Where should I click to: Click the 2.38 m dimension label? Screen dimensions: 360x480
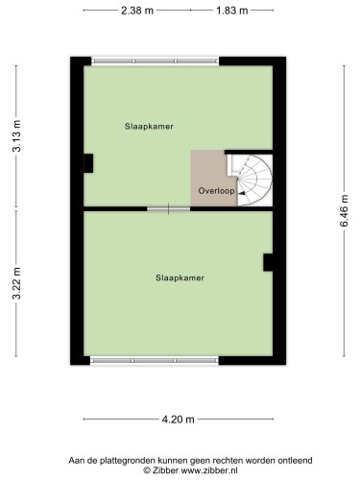point(137,11)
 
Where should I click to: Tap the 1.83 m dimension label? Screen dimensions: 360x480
point(232,11)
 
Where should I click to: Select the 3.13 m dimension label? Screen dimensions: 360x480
point(16,135)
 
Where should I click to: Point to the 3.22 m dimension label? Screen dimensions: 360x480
point(16,283)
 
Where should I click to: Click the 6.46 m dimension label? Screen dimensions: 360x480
point(344,210)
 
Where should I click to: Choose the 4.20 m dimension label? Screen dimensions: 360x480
point(179,420)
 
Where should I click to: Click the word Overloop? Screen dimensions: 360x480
point(216,191)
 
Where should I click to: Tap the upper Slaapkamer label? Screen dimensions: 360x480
point(149,127)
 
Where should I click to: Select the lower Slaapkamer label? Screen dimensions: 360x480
point(180,277)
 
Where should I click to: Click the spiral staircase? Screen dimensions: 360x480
point(254,180)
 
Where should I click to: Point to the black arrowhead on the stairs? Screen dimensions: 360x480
point(242,193)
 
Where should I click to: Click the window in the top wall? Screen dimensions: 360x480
point(156,61)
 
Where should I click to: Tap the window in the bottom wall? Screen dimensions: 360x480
point(155,361)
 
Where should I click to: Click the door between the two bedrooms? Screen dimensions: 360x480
point(169,209)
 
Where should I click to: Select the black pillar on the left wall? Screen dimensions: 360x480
point(88,163)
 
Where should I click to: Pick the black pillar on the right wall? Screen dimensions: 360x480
point(268,262)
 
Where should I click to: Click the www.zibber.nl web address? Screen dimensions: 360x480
point(209,470)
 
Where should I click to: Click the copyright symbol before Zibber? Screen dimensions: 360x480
point(147,470)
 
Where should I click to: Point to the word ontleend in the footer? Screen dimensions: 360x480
point(295,461)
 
